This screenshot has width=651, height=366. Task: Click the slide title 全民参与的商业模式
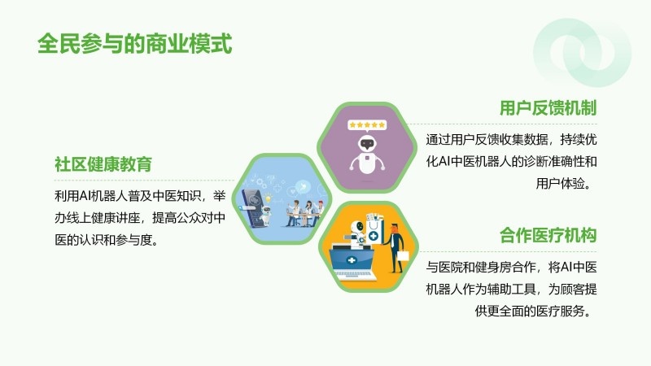pos(134,44)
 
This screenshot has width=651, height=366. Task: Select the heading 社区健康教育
pos(103,164)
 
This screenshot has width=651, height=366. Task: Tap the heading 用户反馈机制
pos(548,108)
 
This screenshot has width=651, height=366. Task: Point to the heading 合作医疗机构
pos(548,235)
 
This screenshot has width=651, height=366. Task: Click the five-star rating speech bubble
pos(367,125)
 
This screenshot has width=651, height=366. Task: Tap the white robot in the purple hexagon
pos(367,155)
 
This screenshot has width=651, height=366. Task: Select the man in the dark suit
pos(395,248)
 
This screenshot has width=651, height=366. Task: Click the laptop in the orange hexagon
pos(353,264)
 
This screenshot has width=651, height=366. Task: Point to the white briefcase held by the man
pos(403,255)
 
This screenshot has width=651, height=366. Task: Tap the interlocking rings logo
pos(582,53)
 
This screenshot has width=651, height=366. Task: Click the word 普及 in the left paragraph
pos(140,195)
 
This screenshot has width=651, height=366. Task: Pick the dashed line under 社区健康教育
pos(144,181)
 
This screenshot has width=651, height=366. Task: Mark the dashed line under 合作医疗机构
pos(508,251)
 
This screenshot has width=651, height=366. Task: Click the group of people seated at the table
pos(305,214)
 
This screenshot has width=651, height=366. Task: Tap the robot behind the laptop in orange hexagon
pos(356,235)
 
